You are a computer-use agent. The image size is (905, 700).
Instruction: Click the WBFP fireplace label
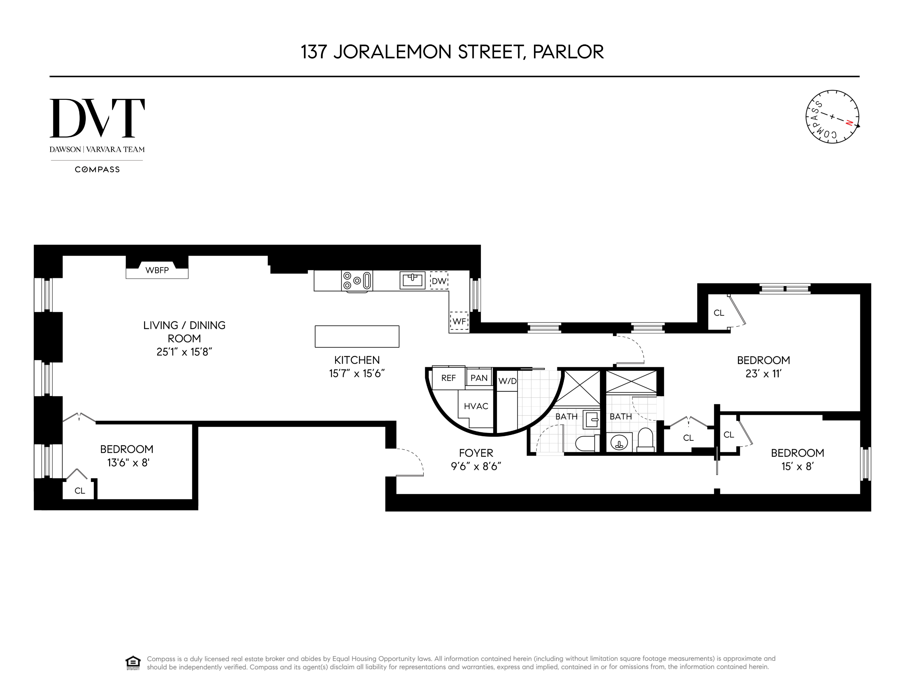point(157,270)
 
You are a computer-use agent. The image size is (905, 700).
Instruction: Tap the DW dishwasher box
point(439,281)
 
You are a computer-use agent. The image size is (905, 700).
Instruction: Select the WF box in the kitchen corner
point(459,321)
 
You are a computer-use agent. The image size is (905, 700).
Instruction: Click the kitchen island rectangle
point(357,336)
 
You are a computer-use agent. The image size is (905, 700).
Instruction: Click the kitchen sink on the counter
point(412,280)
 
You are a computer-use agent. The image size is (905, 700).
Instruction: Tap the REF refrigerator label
point(448,378)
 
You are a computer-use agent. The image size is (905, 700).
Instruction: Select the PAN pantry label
point(479,378)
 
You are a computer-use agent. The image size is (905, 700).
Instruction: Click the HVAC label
point(476,406)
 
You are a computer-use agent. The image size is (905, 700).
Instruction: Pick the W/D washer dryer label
point(507,381)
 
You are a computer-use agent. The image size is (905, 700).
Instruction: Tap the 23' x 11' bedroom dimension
point(763,374)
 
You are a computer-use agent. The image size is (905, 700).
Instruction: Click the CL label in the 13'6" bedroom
point(80,491)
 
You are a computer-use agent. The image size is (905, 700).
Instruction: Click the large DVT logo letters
point(97,118)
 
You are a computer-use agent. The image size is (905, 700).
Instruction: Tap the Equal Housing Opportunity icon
point(133,663)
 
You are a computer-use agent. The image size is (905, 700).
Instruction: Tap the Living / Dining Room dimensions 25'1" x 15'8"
point(184,352)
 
